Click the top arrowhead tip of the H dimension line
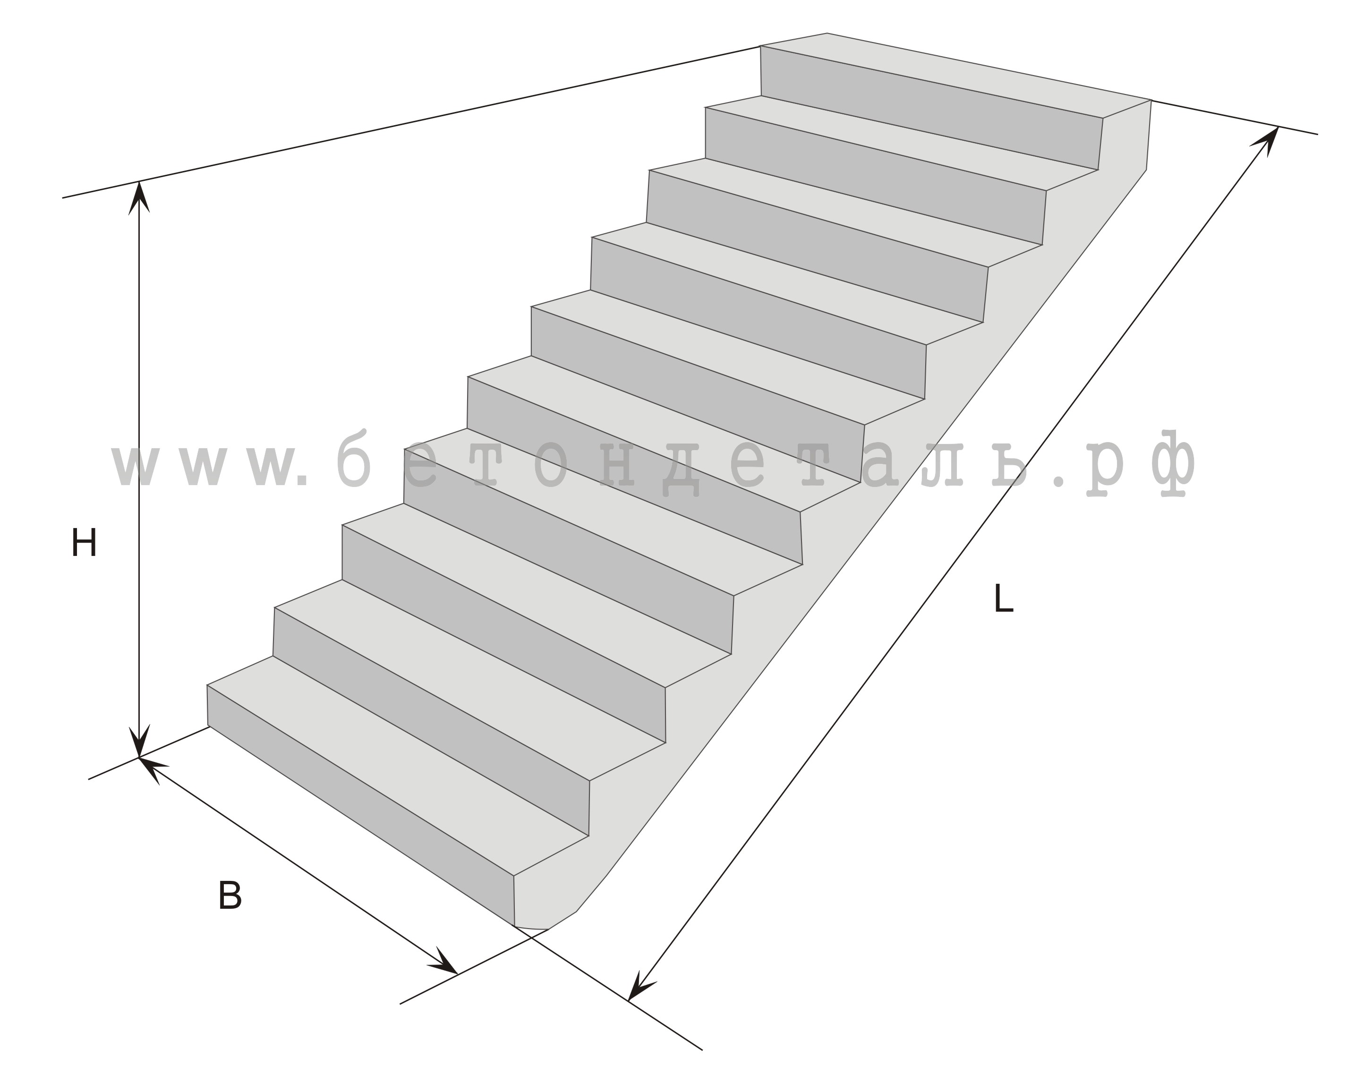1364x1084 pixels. click(139, 182)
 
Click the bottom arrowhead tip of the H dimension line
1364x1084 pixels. click(139, 758)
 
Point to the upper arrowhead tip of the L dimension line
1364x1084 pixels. click(1279, 127)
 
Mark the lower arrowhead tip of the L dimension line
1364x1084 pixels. click(628, 1000)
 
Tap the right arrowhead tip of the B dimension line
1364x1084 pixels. click(457, 974)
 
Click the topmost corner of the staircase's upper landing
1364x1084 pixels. click(827, 33)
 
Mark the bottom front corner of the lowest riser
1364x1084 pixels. click(514, 926)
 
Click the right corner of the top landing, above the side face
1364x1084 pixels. click(1151, 100)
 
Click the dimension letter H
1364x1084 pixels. click(84, 543)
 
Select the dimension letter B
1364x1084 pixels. click(230, 896)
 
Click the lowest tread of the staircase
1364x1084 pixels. click(399, 766)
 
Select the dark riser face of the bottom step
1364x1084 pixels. click(361, 806)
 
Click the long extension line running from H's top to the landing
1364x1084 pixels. click(411, 121)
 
